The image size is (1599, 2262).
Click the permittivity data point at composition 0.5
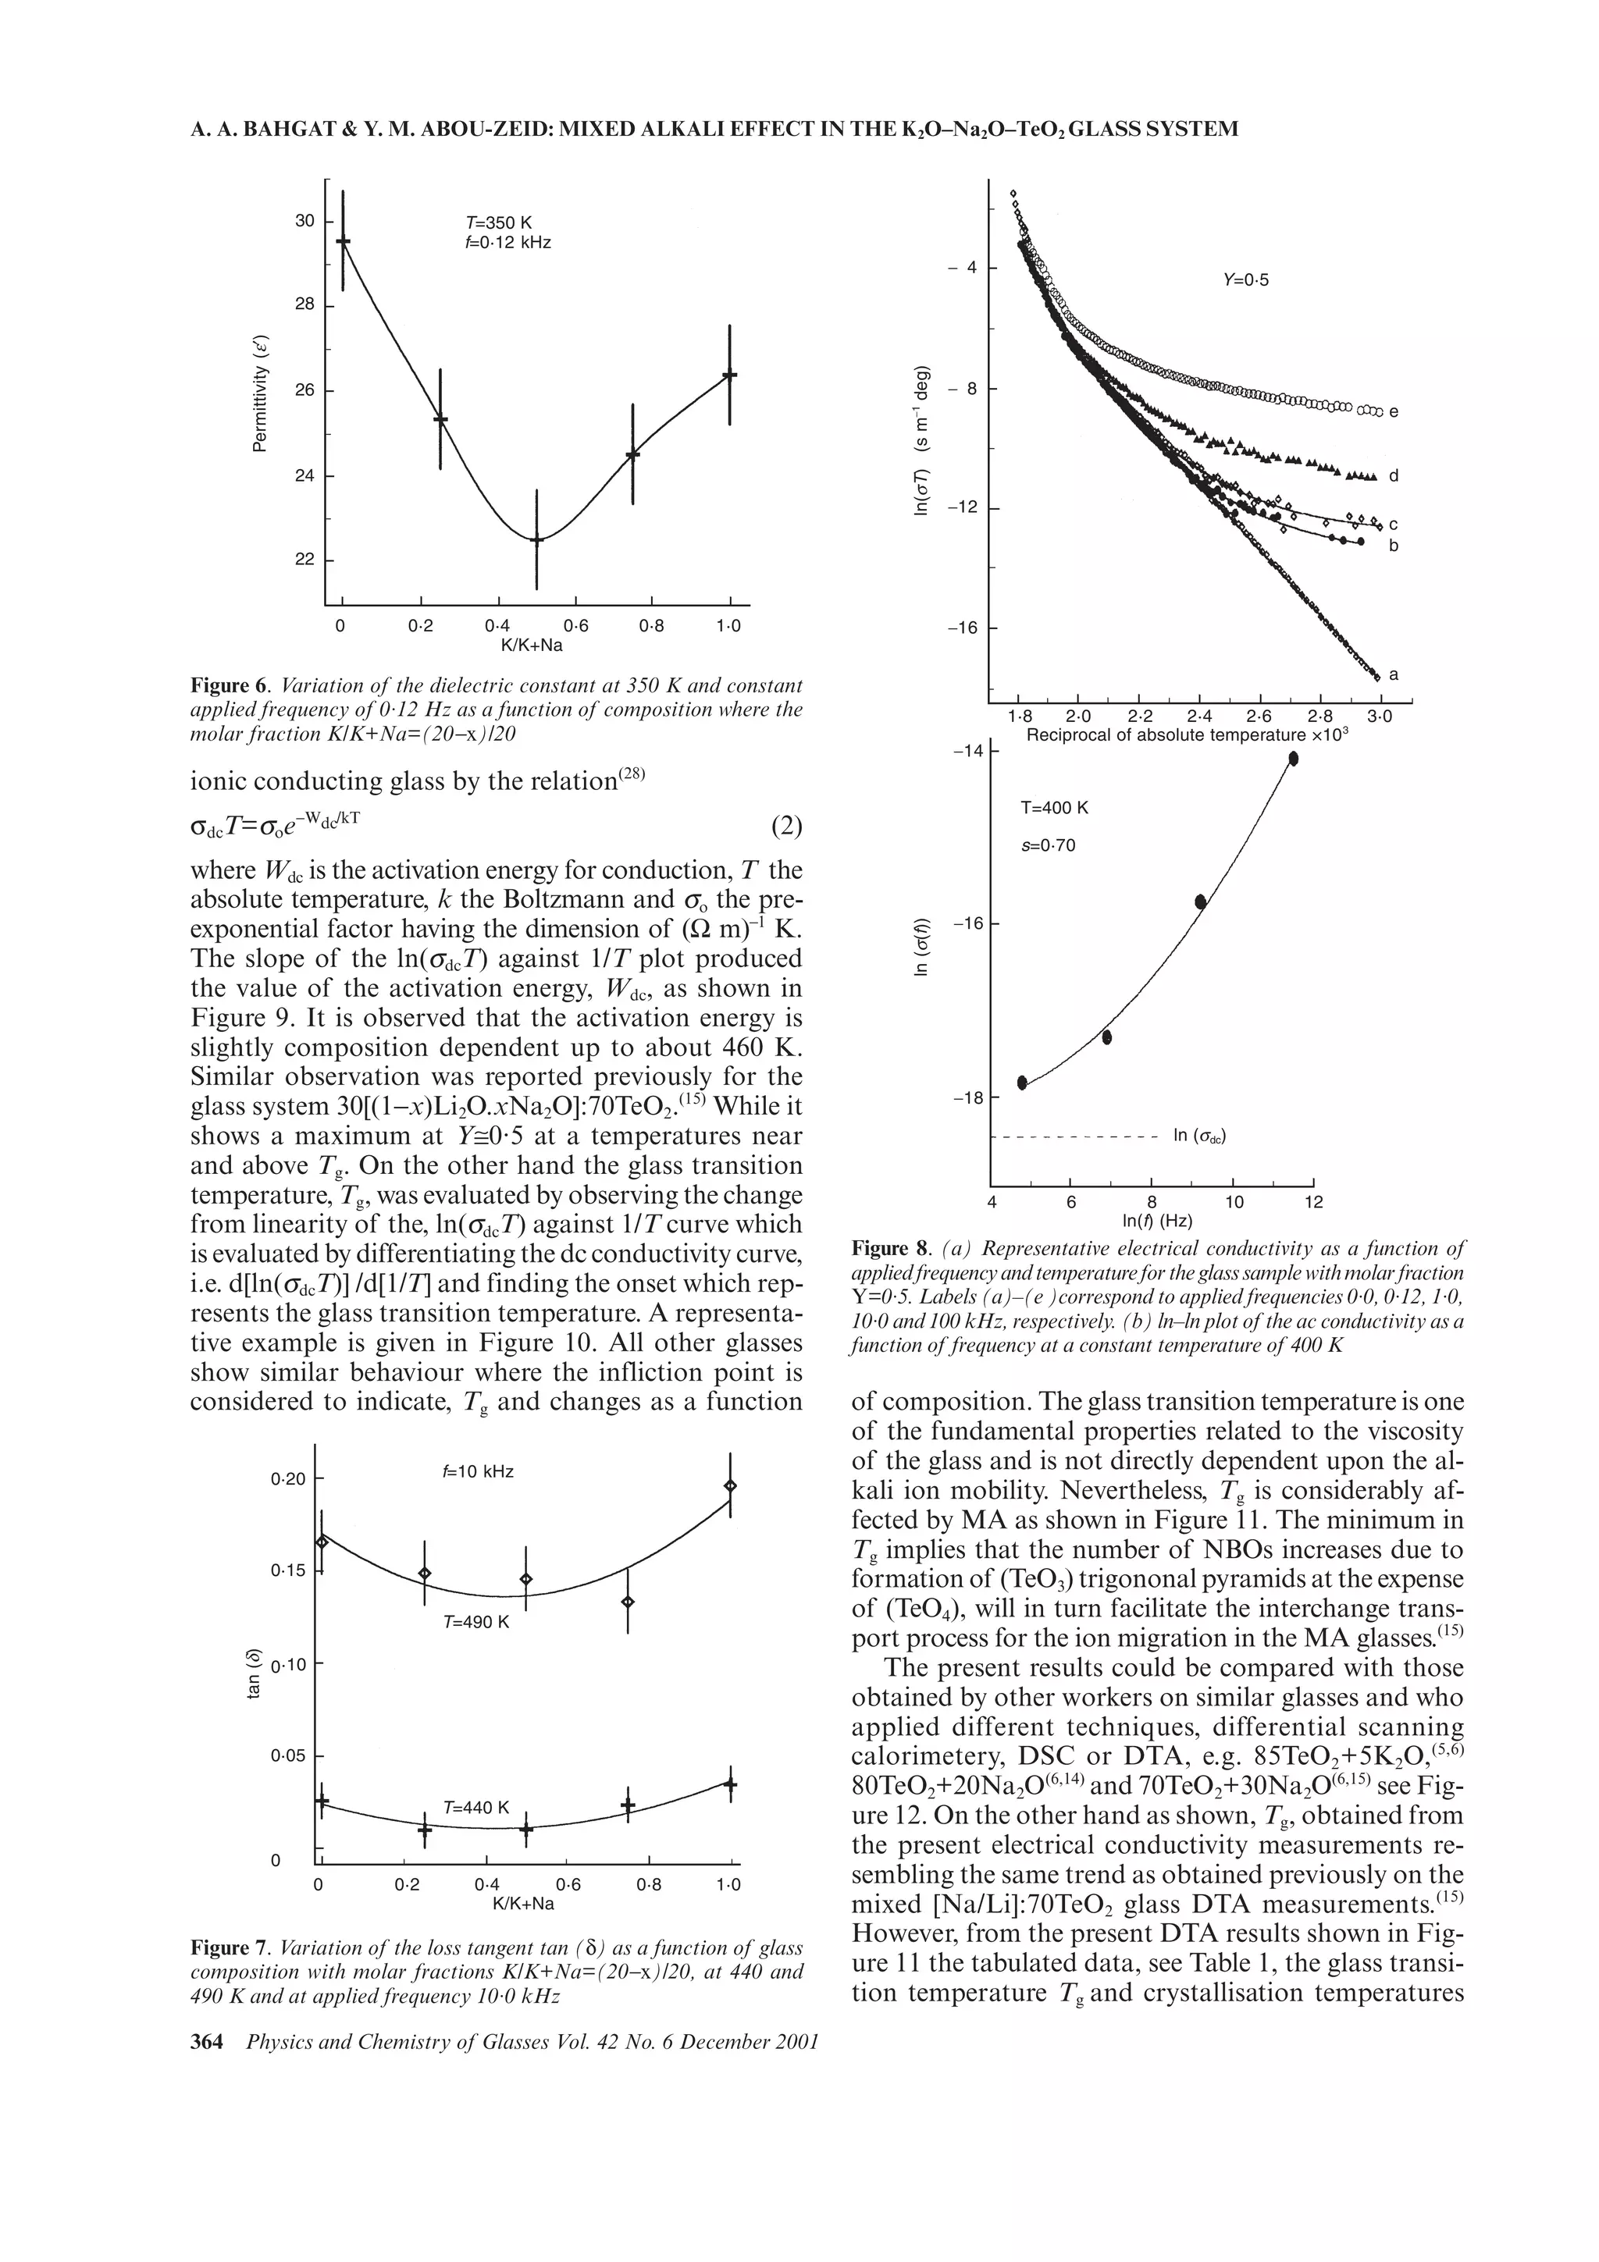(537, 540)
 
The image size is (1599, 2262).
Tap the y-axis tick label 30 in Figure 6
(304, 221)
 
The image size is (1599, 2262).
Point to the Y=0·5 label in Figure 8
(1245, 279)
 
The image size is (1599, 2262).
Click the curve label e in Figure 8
(1394, 413)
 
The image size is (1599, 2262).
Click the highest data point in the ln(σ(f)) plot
(1294, 758)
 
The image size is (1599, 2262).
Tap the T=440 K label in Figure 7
(477, 1808)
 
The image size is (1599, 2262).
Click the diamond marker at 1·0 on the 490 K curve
(730, 1485)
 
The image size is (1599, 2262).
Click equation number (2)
(786, 826)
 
